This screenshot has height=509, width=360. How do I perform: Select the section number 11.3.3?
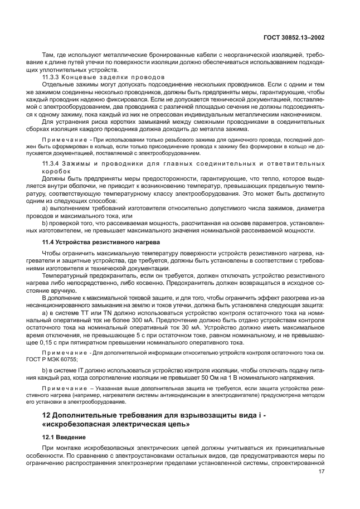(51, 76)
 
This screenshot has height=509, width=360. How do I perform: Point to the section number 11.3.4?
(51, 162)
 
